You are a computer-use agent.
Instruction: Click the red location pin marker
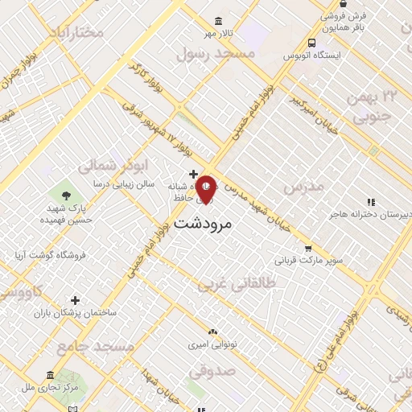(x=206, y=189)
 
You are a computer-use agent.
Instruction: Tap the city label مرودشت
(x=203, y=223)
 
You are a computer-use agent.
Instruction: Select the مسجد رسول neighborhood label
(x=216, y=53)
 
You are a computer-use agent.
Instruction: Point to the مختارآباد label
(x=76, y=31)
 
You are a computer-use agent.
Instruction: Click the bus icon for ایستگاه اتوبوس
(x=311, y=43)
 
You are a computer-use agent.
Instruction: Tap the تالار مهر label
(x=217, y=33)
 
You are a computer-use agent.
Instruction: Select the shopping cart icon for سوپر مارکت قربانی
(x=307, y=249)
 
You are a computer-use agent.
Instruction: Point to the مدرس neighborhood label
(x=303, y=186)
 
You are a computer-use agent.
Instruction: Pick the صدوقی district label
(x=212, y=372)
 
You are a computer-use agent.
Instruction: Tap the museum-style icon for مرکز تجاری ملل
(x=50, y=376)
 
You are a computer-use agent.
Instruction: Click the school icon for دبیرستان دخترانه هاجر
(x=370, y=202)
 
